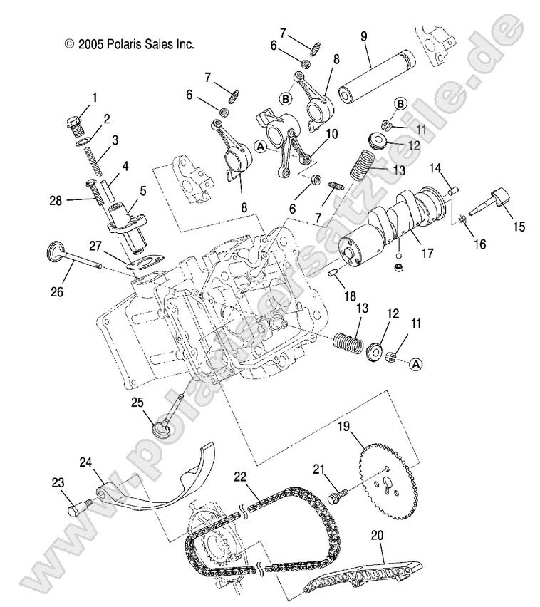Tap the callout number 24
tap(85, 462)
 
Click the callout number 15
tap(518, 227)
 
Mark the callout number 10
tap(330, 135)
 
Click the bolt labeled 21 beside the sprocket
tap(338, 493)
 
